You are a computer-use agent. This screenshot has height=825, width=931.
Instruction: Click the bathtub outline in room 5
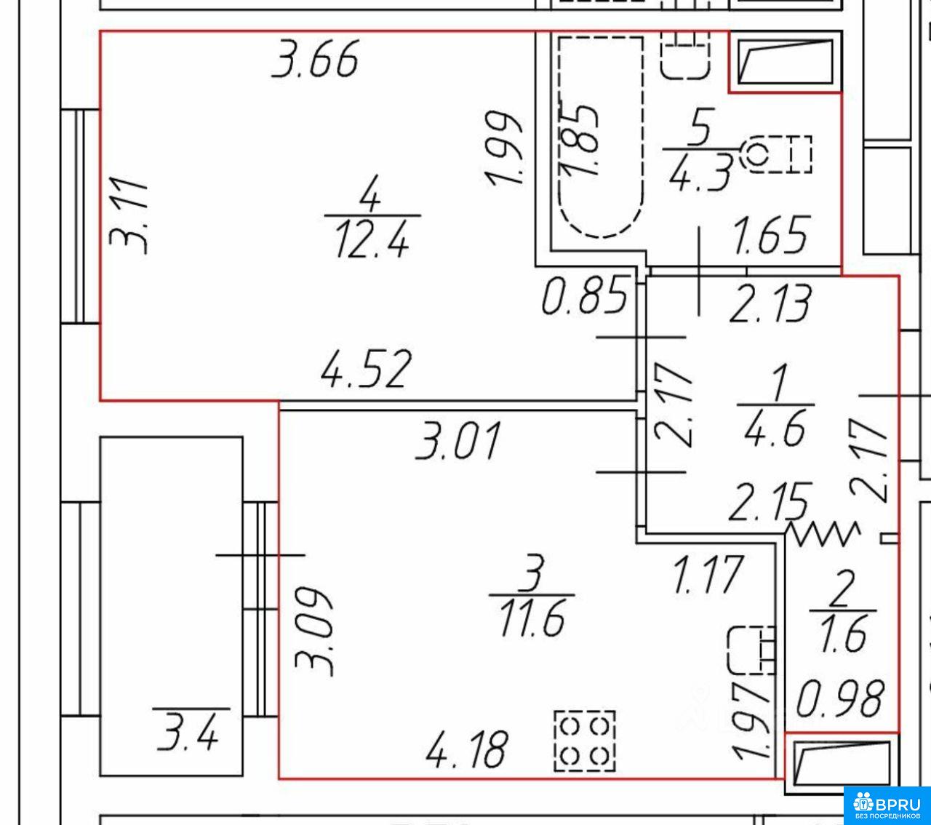[560, 138]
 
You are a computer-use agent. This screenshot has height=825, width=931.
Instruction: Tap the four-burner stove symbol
[585, 741]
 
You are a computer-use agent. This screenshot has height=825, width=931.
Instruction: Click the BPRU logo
[887, 805]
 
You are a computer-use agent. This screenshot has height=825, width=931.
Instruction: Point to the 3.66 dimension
[315, 60]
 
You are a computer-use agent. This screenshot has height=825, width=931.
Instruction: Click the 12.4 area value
[372, 239]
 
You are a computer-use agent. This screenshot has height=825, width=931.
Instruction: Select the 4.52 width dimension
[365, 369]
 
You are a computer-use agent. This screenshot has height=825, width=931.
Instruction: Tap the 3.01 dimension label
[457, 441]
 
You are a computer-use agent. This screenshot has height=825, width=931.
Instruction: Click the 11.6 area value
[532, 619]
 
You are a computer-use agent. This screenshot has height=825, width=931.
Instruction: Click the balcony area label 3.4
[187, 735]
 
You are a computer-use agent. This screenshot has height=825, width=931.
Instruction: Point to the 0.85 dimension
[585, 295]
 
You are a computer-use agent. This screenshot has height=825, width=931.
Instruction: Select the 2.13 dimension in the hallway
[770, 303]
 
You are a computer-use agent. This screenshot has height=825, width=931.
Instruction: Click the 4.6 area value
[775, 429]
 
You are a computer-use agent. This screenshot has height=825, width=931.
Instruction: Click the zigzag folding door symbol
[824, 534]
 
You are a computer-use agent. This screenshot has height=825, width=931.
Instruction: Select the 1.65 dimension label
[770, 235]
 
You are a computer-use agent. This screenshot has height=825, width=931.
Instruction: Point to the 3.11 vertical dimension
[129, 215]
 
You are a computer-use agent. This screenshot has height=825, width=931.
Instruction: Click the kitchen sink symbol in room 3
[751, 650]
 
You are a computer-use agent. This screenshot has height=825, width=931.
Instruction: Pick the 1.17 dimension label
[708, 575]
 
